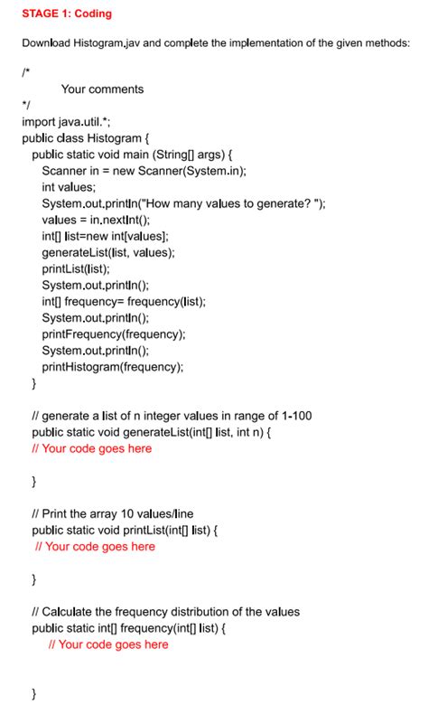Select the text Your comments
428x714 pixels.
(102, 89)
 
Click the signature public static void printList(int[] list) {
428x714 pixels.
(131, 530)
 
